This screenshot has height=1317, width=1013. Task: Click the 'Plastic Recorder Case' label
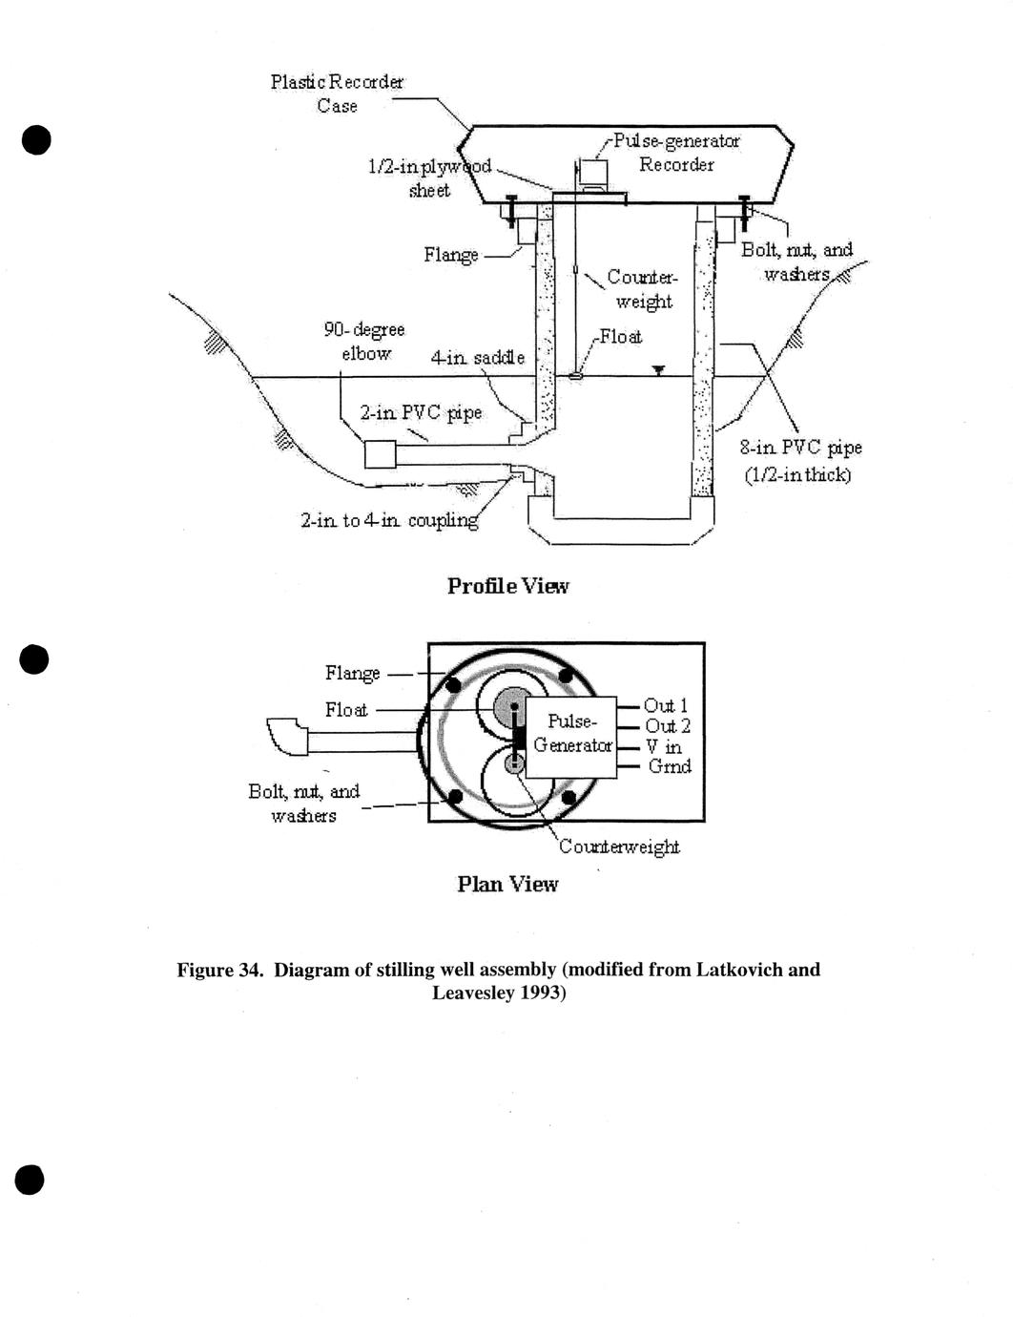(337, 94)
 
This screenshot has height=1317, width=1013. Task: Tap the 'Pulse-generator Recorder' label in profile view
(676, 153)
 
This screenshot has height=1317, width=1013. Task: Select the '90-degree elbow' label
(364, 341)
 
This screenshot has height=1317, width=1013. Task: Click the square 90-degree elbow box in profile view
(380, 454)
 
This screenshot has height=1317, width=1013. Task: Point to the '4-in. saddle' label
(477, 358)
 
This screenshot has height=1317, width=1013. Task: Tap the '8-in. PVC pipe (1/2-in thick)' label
(799, 461)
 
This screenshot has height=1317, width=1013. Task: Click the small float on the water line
(576, 376)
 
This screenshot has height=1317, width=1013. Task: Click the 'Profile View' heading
(507, 586)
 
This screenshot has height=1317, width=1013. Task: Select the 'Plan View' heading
(507, 885)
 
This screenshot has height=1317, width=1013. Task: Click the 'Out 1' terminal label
(666, 705)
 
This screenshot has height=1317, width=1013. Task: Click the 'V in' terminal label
(664, 746)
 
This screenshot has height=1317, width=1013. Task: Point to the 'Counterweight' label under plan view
(619, 847)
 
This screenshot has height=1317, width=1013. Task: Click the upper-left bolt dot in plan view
(454, 685)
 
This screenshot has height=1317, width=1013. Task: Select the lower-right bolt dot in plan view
(569, 796)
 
